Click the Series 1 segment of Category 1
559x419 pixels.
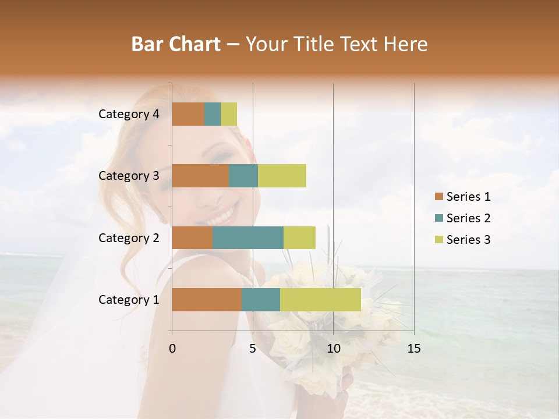click(207, 299)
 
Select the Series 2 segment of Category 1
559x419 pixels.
click(261, 299)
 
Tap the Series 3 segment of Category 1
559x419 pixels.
click(320, 299)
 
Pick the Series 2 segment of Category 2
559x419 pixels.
click(248, 237)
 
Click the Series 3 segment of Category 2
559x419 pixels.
click(299, 237)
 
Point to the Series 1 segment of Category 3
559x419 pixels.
click(200, 176)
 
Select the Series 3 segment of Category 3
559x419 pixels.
click(282, 176)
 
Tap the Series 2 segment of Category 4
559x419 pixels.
click(213, 114)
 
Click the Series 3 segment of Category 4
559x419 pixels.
click(229, 114)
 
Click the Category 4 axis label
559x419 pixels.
click(129, 114)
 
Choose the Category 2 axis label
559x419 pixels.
click(129, 237)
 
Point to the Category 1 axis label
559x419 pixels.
click(129, 300)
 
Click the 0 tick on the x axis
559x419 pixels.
click(172, 349)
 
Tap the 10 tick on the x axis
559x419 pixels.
click(333, 349)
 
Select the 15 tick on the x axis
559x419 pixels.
click(413, 349)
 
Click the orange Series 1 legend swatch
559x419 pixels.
click(438, 197)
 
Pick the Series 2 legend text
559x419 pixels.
click(468, 218)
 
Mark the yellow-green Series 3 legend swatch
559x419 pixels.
click(438, 240)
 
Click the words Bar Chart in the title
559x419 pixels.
click(176, 44)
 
